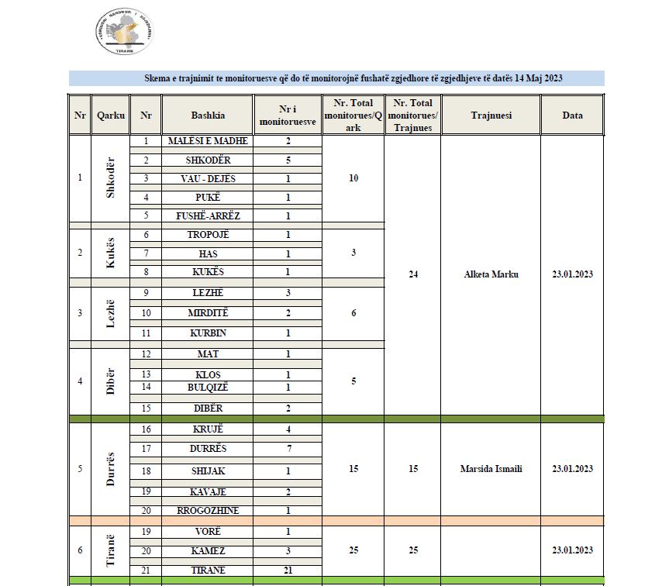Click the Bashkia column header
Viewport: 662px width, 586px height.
pos(209,115)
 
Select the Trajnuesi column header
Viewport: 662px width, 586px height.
pos(491,115)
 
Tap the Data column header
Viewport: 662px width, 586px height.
pos(572,115)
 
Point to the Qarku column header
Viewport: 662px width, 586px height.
pos(111,115)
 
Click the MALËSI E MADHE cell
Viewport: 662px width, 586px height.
pos(209,141)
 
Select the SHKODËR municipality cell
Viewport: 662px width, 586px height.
pos(209,160)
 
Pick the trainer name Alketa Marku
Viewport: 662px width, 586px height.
pos(491,274)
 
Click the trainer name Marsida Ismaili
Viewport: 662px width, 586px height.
pos(491,469)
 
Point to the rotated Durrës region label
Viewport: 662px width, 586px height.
pos(111,469)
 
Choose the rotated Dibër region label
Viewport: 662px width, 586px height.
pos(111,381)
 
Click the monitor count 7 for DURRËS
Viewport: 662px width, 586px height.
pos(288,449)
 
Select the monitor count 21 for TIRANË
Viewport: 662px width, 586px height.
pos(288,570)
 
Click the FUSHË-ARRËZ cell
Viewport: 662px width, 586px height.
pos(209,215)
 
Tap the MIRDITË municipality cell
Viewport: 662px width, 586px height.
pos(209,313)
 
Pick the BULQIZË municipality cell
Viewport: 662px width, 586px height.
pos(209,387)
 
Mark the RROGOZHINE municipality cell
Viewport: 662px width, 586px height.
pos(209,510)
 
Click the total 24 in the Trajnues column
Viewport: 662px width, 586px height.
pos(412,274)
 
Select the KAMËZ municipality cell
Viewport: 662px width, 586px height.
pos(209,550)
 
